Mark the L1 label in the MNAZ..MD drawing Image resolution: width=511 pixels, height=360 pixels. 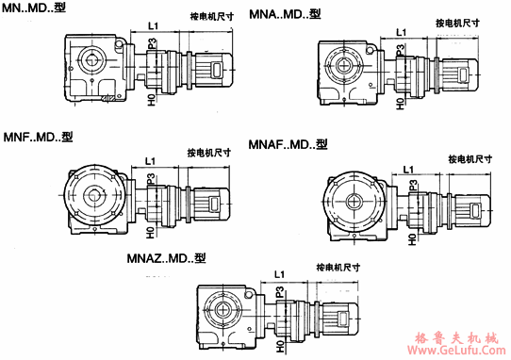[x=279, y=273]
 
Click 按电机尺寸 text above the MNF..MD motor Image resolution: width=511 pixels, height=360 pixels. [x=207, y=152]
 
